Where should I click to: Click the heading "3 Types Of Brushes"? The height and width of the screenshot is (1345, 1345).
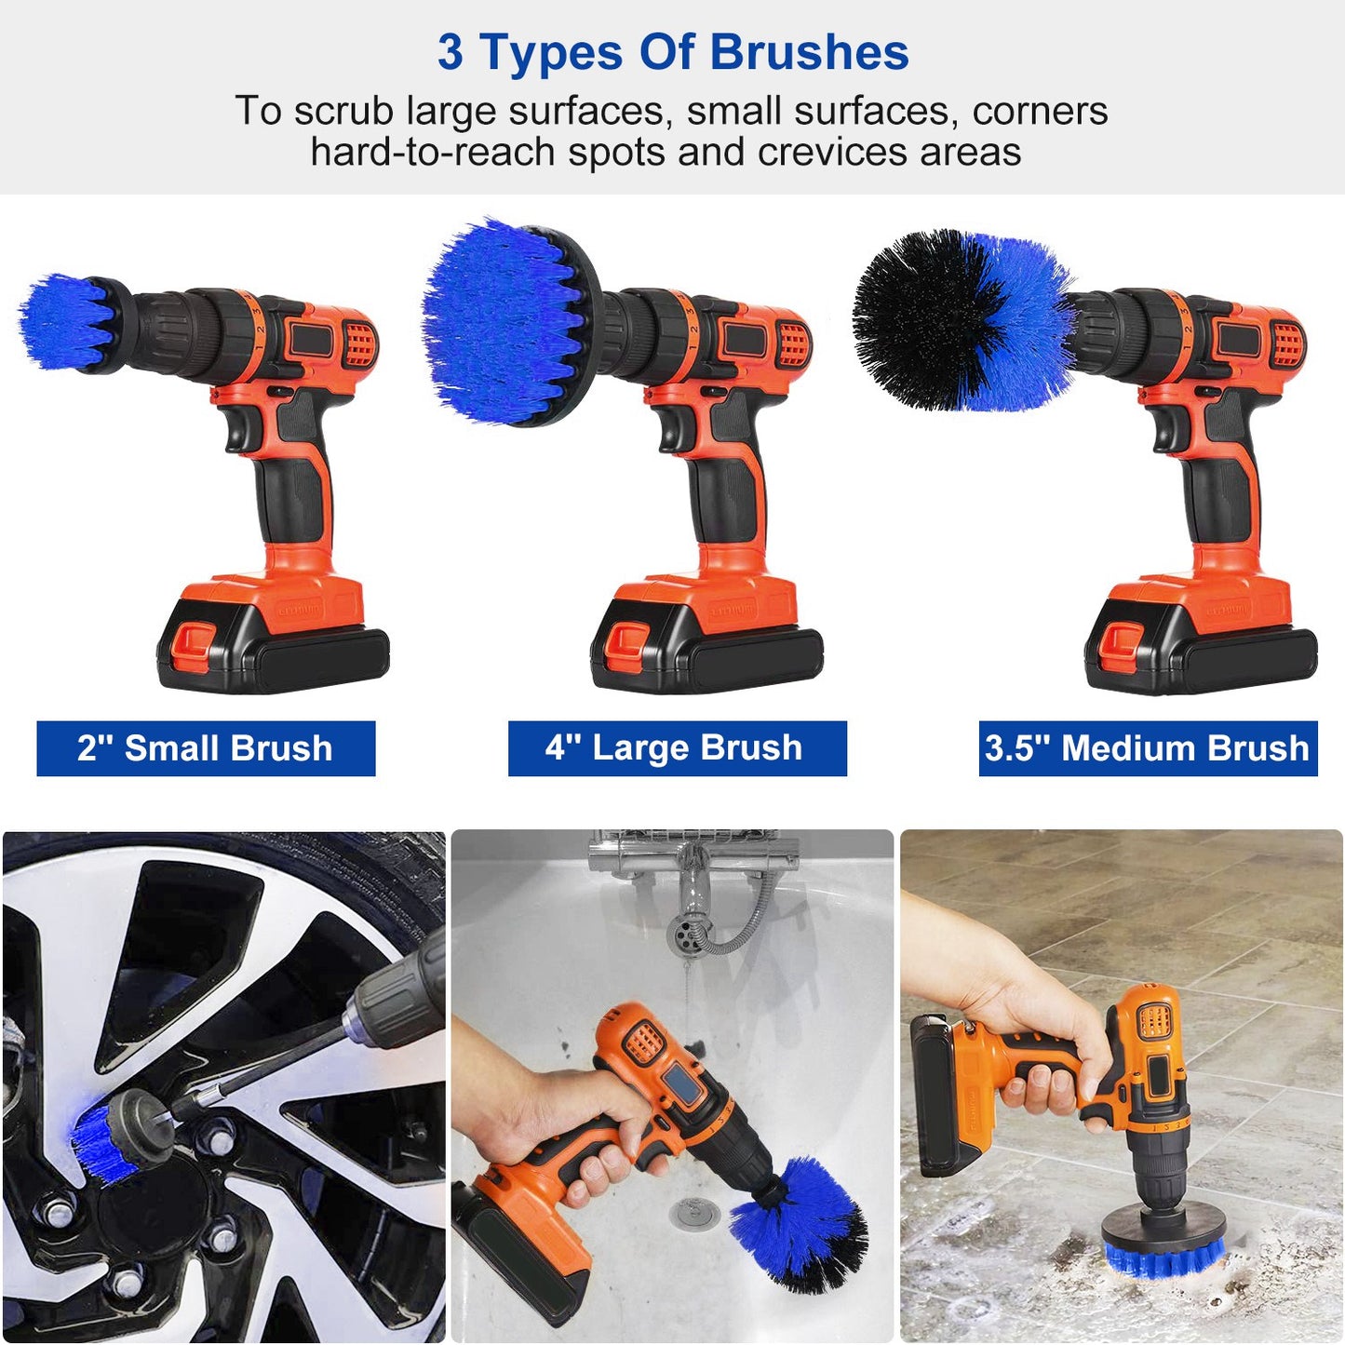pyautogui.click(x=673, y=52)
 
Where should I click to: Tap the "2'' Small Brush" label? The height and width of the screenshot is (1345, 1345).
pyautogui.click(x=206, y=748)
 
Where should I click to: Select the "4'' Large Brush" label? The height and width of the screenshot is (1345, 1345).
pyautogui.click(x=677, y=748)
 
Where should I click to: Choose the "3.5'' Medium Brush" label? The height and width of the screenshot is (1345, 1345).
pyautogui.click(x=1147, y=748)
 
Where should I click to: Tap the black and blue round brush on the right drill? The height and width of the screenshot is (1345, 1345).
pyautogui.click(x=959, y=321)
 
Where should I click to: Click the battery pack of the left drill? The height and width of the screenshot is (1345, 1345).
pyautogui.click(x=273, y=642)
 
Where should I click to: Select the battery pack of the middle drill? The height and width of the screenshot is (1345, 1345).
pyautogui.click(x=706, y=642)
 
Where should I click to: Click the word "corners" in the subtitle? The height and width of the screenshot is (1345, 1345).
pyautogui.click(x=1040, y=111)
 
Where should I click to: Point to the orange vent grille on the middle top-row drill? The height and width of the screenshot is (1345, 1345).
pyautogui.click(x=793, y=343)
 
